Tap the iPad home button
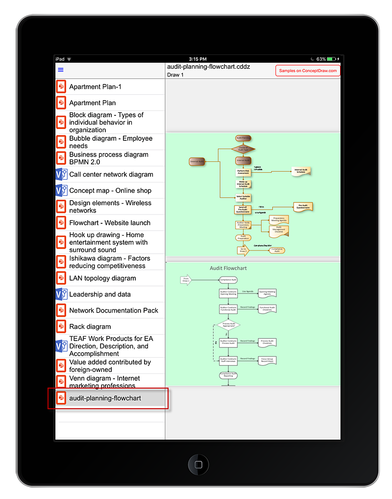(198, 464)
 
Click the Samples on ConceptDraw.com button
(308, 71)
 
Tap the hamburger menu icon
(61, 70)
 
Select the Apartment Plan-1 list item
(95, 87)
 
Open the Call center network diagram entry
(111, 174)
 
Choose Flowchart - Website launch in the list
(110, 223)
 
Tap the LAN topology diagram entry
(102, 278)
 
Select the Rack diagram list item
(90, 326)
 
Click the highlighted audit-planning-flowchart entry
(105, 398)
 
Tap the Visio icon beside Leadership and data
(61, 294)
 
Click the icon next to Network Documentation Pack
(61, 311)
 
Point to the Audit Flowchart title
(228, 268)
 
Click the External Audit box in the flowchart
(197, 161)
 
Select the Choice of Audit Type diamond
(244, 149)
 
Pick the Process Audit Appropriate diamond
(228, 325)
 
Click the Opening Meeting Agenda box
(267, 293)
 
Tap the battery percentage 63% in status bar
(320, 59)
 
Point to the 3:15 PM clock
(197, 59)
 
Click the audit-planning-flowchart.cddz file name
(202, 67)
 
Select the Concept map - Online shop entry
(110, 190)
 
